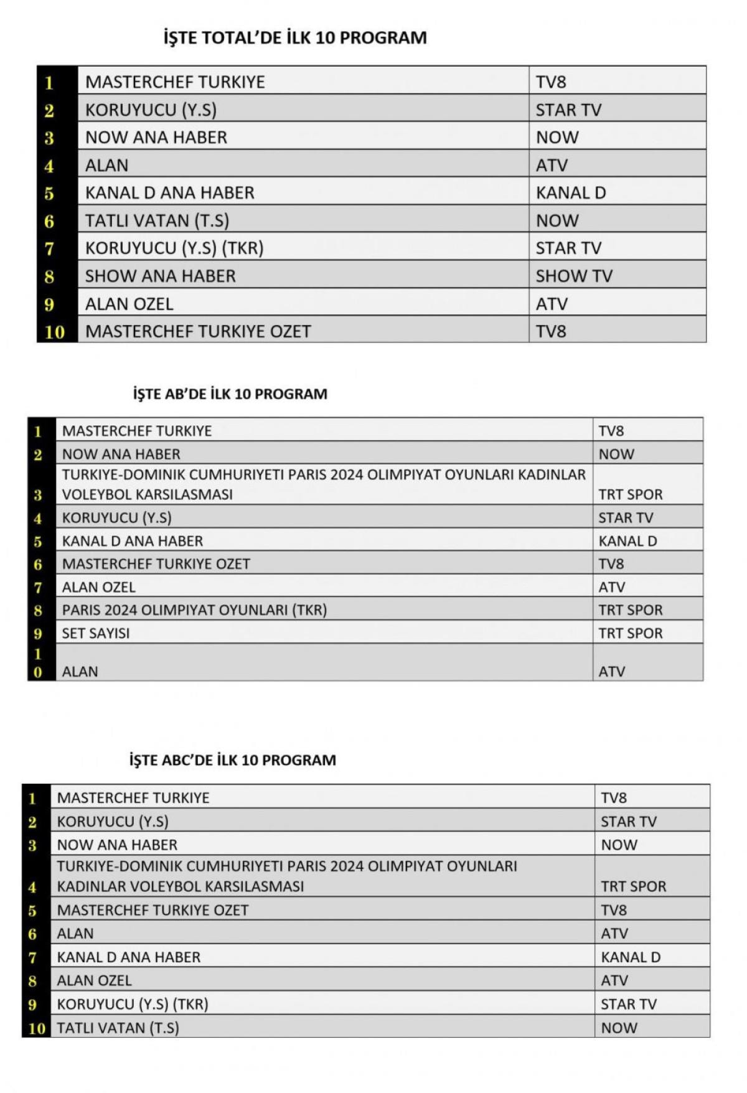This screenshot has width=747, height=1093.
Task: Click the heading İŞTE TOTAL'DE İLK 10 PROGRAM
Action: pyautogui.click(x=295, y=38)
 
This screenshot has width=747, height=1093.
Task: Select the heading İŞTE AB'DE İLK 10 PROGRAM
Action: pyautogui.click(x=230, y=394)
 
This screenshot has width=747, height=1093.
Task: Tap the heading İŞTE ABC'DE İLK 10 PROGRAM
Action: pyautogui.click(x=232, y=760)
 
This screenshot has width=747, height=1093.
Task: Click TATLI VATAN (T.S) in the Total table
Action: pyautogui.click(x=157, y=221)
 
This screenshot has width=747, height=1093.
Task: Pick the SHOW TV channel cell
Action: pyautogui.click(x=574, y=276)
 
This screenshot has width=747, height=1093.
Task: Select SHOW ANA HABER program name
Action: pyautogui.click(x=161, y=276)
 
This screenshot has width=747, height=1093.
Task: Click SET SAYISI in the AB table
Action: pyautogui.click(x=96, y=633)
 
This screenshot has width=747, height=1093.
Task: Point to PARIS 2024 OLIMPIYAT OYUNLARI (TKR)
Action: pyautogui.click(x=194, y=610)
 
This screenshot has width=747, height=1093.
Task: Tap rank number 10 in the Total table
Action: pyautogui.click(x=54, y=332)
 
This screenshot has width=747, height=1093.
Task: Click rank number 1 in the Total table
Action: pyautogui.click(x=49, y=82)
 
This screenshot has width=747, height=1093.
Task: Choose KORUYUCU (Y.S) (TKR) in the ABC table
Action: pyautogui.click(x=133, y=1004)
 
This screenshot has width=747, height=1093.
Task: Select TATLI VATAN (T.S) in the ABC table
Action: pyautogui.click(x=118, y=1028)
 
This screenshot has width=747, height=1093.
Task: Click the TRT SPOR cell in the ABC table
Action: pyautogui.click(x=633, y=886)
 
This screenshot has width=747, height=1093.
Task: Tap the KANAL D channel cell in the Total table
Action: pyautogui.click(x=571, y=193)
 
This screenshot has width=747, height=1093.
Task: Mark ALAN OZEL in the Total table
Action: pyautogui.click(x=129, y=304)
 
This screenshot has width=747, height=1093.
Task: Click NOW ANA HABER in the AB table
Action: pyautogui.click(x=121, y=454)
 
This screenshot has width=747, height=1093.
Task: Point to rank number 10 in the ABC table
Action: pyautogui.click(x=37, y=1028)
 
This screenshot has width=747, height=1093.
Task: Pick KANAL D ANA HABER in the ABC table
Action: pyautogui.click(x=129, y=957)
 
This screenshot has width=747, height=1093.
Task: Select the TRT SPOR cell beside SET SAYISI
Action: pyautogui.click(x=631, y=633)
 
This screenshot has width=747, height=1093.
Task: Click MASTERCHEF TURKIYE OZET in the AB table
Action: pyautogui.click(x=156, y=564)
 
